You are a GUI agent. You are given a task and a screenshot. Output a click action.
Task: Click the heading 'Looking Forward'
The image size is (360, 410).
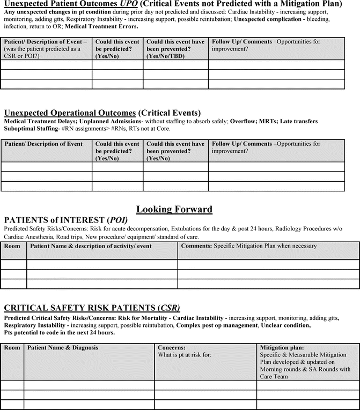[174, 209]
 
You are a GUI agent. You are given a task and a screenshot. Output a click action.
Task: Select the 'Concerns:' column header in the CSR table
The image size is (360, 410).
[172, 347]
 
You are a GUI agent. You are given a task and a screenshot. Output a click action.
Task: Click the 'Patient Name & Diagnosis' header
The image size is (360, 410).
[63, 347]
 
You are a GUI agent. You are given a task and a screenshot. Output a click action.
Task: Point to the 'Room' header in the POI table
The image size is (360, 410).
[12, 246]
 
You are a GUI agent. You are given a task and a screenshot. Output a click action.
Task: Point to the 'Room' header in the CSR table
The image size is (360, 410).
[12, 347]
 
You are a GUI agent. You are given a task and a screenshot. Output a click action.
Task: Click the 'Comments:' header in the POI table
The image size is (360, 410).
[196, 246]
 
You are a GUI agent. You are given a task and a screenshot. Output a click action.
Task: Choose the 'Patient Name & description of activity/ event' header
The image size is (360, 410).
[91, 246]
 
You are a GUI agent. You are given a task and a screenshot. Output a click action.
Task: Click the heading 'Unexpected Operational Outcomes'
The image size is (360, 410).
[70, 113]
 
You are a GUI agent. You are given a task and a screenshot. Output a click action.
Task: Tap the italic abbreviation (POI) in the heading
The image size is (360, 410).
[117, 220]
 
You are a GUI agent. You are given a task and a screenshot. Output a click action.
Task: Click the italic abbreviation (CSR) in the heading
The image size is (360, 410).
[168, 308]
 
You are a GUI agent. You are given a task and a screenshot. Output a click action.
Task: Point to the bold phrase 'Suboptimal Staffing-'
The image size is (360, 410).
[31, 129]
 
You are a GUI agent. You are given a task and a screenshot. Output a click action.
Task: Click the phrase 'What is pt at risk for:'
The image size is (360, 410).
[186, 355]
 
